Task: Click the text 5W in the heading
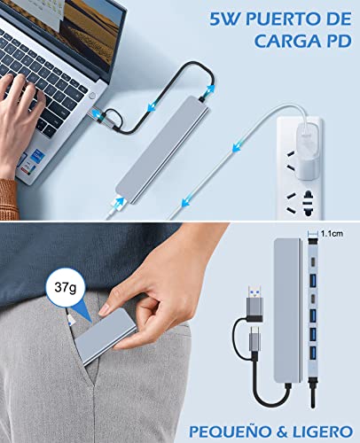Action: [225, 19]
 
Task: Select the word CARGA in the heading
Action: [286, 42]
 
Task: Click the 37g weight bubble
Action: [66, 287]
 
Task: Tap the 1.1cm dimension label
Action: [333, 234]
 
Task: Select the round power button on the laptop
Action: [92, 96]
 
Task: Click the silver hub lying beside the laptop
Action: [162, 150]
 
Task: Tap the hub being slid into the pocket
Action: [106, 338]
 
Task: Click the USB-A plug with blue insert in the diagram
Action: [254, 300]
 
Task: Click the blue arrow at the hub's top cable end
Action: [210, 89]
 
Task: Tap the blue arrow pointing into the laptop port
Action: [97, 113]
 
